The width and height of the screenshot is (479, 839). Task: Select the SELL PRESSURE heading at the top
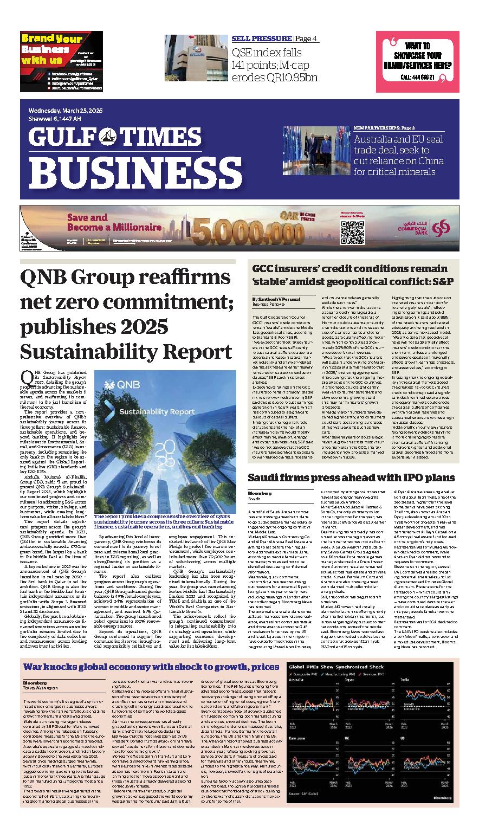point(262,38)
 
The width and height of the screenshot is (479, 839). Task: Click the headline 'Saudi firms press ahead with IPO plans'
point(351,477)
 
